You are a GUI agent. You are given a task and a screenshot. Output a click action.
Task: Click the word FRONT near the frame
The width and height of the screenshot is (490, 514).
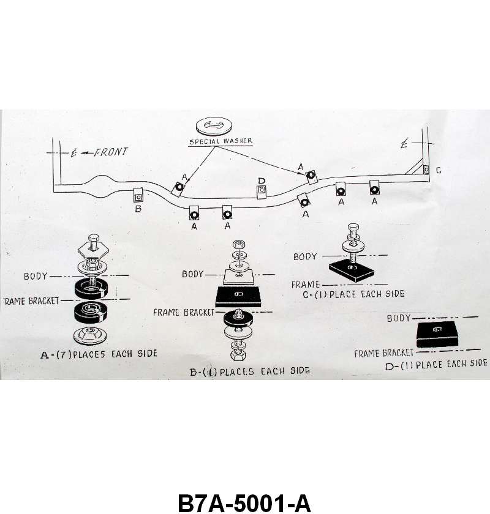[110, 152]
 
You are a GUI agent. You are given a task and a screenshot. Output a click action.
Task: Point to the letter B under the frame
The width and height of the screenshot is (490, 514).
[138, 209]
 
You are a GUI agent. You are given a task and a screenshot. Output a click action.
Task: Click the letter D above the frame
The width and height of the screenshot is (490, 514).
[262, 181]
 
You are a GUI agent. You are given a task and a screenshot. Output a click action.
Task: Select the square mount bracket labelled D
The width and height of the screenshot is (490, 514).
[262, 192]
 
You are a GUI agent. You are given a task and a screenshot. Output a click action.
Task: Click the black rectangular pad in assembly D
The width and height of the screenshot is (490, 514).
[437, 331]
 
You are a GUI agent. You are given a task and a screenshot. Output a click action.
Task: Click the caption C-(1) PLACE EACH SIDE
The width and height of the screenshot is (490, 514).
[354, 294]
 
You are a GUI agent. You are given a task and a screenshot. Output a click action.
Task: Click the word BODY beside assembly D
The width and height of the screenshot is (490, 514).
[399, 318]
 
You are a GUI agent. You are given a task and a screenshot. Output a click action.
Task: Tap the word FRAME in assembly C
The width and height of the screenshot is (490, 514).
[306, 285]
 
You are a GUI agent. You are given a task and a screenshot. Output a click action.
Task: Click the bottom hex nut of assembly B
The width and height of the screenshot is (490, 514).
[238, 354]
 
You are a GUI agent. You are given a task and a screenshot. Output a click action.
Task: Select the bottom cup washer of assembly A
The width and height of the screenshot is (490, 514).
[91, 336]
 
